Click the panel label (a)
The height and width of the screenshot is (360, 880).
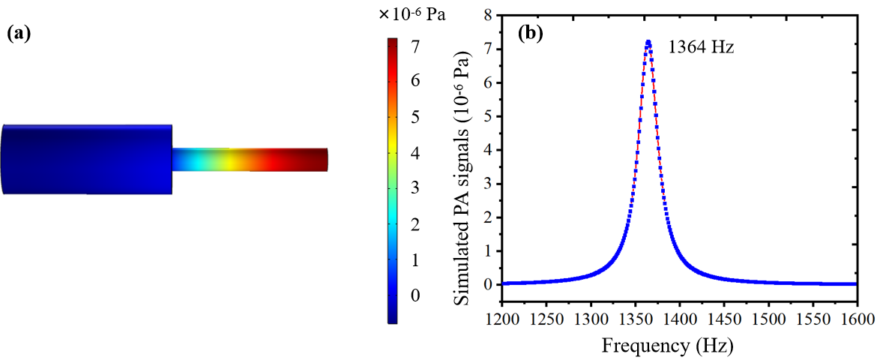tap(19, 33)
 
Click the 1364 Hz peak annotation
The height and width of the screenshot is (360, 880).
tap(701, 47)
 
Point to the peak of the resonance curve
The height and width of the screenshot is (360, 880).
tap(648, 42)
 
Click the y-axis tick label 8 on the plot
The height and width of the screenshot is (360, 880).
tap(487, 15)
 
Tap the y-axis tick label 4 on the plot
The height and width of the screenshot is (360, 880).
tap(487, 150)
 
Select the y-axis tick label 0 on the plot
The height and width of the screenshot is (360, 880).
tap(487, 285)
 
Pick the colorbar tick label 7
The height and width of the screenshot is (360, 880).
tap(414, 47)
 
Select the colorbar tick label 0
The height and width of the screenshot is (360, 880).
tap(414, 295)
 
